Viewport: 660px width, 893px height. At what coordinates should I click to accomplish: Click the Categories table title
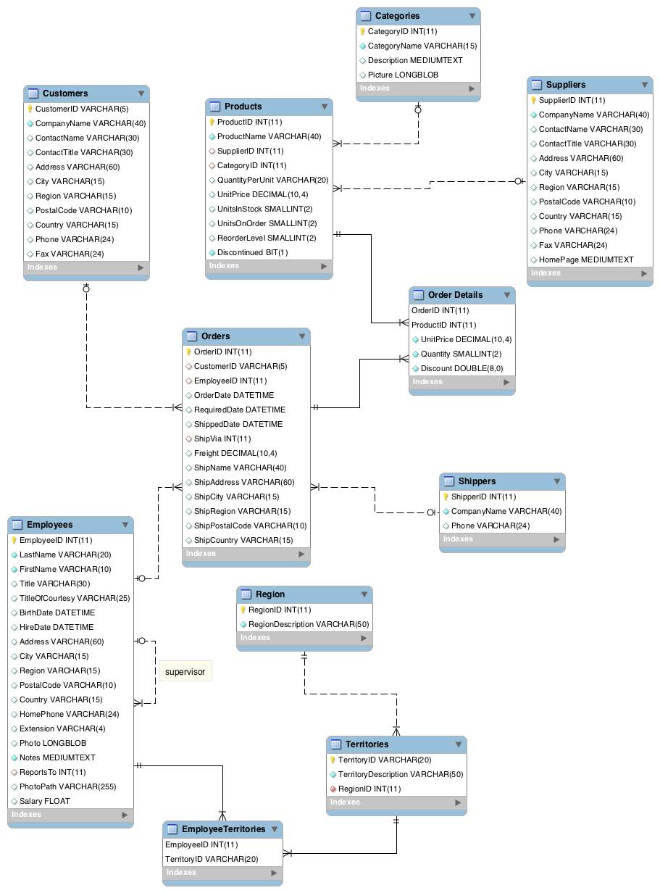[397, 16]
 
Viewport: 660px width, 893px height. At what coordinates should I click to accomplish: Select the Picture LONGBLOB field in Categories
[402, 75]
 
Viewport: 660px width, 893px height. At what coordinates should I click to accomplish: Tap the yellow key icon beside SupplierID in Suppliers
[534, 101]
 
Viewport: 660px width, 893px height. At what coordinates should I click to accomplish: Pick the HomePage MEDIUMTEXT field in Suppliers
[586, 259]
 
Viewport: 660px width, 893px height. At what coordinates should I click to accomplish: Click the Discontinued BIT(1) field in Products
[252, 252]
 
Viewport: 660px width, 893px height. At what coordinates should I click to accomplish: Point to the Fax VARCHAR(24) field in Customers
[70, 254]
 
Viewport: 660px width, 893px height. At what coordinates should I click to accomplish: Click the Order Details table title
[455, 295]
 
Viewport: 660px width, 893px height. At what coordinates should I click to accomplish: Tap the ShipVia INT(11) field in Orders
[222, 439]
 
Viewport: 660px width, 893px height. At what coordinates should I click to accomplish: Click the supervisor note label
[185, 672]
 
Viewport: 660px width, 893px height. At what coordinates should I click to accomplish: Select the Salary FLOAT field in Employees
[45, 801]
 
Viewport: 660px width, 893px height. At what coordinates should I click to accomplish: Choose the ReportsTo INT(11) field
[52, 772]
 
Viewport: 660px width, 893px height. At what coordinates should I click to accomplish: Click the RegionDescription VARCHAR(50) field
[309, 624]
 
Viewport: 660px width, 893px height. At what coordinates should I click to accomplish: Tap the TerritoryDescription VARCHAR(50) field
[401, 774]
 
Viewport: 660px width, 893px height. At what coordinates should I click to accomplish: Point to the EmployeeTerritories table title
[223, 829]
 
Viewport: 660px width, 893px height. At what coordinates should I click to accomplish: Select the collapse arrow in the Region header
[364, 595]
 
